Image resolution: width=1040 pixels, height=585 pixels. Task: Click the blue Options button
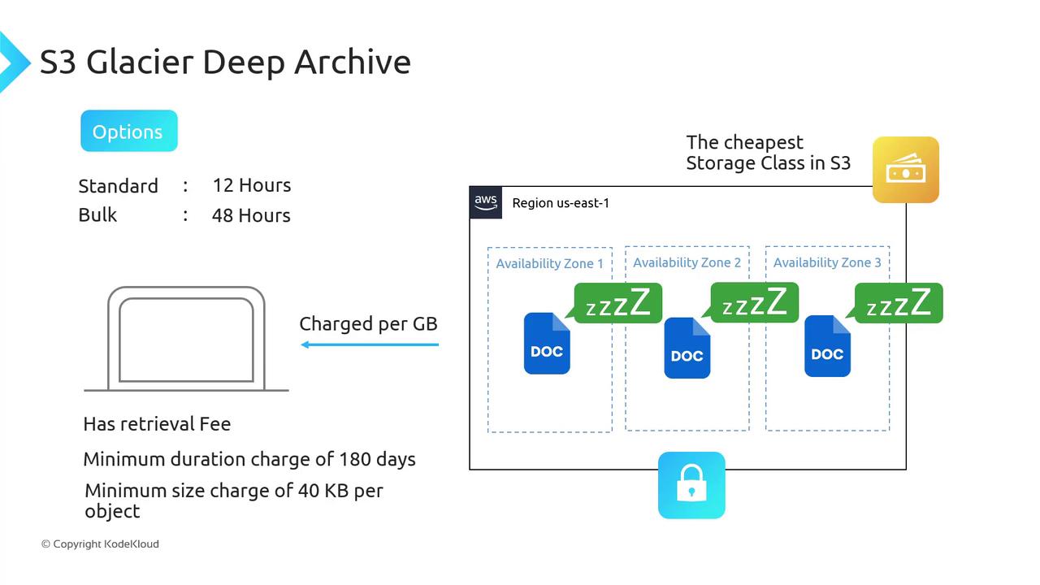click(128, 131)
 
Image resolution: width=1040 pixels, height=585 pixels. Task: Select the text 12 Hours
click(251, 185)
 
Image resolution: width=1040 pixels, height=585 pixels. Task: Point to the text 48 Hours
click(251, 215)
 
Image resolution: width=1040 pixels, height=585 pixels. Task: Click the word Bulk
click(97, 215)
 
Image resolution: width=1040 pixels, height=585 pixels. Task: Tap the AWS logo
click(486, 202)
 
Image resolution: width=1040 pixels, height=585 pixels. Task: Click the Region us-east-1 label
click(560, 203)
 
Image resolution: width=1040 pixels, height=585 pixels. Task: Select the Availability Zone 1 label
click(549, 263)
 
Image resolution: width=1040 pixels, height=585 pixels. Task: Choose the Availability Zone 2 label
click(687, 262)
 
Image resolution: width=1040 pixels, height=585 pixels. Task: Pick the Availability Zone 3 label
click(827, 262)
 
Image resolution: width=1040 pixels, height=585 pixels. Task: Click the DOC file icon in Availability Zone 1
click(547, 344)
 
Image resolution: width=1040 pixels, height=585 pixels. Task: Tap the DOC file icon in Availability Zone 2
click(687, 348)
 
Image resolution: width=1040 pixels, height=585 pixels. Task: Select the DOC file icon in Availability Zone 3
click(827, 346)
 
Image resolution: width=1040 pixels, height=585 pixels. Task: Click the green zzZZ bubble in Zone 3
click(898, 303)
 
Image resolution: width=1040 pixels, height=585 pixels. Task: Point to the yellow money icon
click(905, 170)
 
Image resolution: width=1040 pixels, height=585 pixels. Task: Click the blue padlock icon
click(691, 485)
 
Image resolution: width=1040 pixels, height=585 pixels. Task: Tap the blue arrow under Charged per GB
click(370, 344)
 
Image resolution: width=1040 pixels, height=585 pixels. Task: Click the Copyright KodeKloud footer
click(100, 544)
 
